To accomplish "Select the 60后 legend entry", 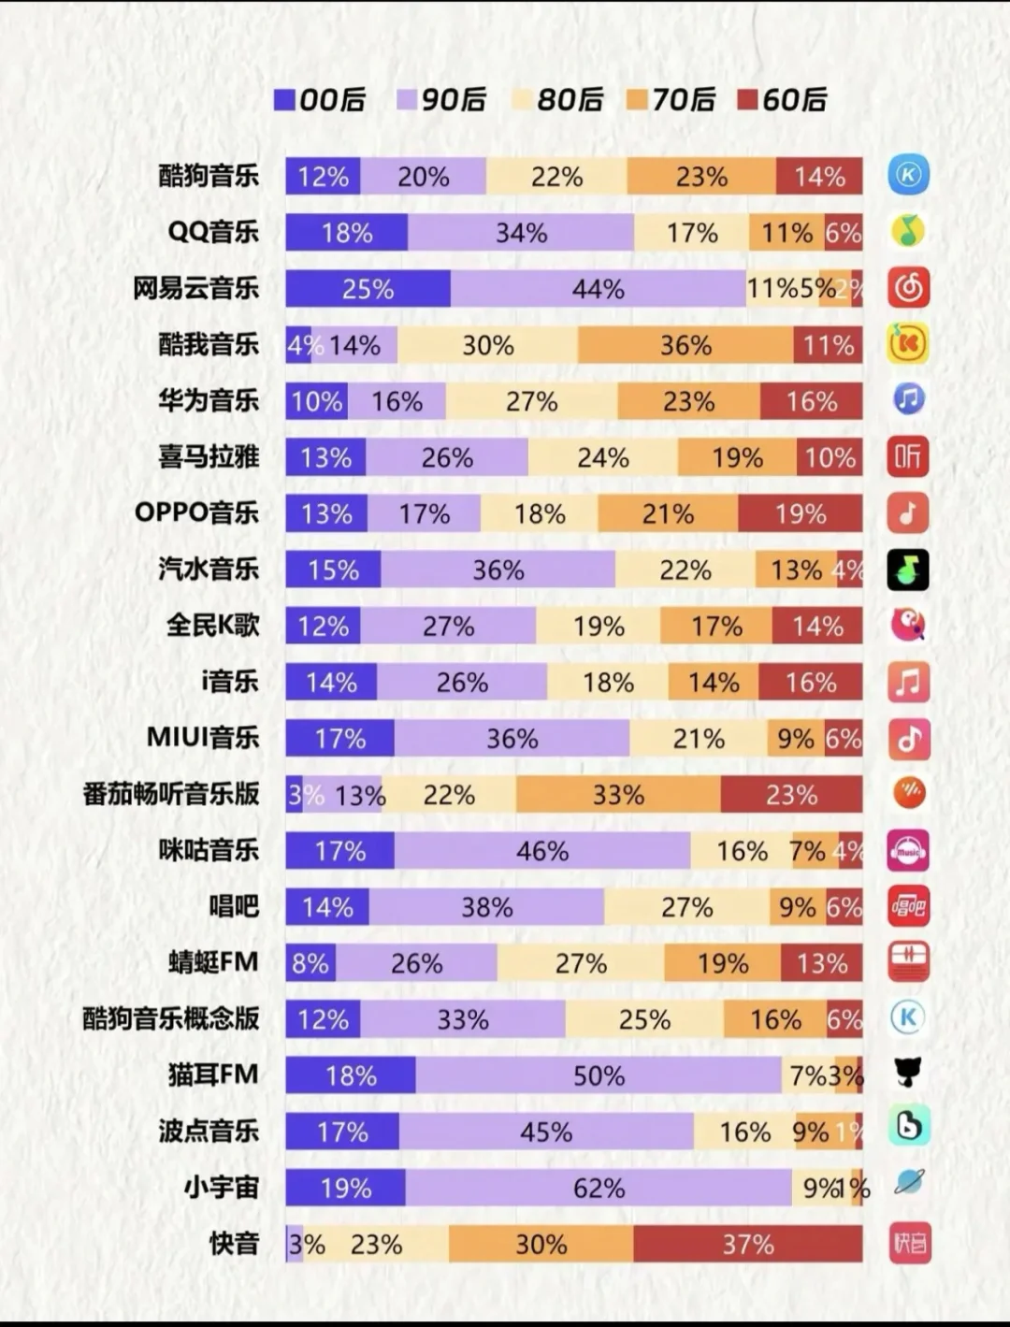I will pyautogui.click(x=783, y=100).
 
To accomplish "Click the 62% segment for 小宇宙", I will pyautogui.click(x=599, y=1188).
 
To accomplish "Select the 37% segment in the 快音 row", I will pyautogui.click(x=747, y=1244).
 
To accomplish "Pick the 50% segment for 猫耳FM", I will pyautogui.click(x=599, y=1075).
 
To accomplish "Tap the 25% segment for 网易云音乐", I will pyautogui.click(x=368, y=289).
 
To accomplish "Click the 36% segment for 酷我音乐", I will pyautogui.click(x=685, y=345).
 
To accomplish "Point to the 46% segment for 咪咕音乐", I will pyautogui.click(x=542, y=851).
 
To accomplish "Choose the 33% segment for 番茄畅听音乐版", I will pyautogui.click(x=618, y=795).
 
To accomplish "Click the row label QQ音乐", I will pyautogui.click(x=213, y=232).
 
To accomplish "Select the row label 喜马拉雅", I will pyautogui.click(x=209, y=457).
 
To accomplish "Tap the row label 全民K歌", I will pyautogui.click(x=213, y=626).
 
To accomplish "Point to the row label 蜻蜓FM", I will pyautogui.click(x=213, y=962).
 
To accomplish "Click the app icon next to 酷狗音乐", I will pyautogui.click(x=908, y=175).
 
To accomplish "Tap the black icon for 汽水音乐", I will pyautogui.click(x=908, y=570).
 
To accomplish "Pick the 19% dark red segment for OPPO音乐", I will pyautogui.click(x=800, y=513).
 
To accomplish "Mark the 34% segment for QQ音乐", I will pyautogui.click(x=521, y=233).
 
